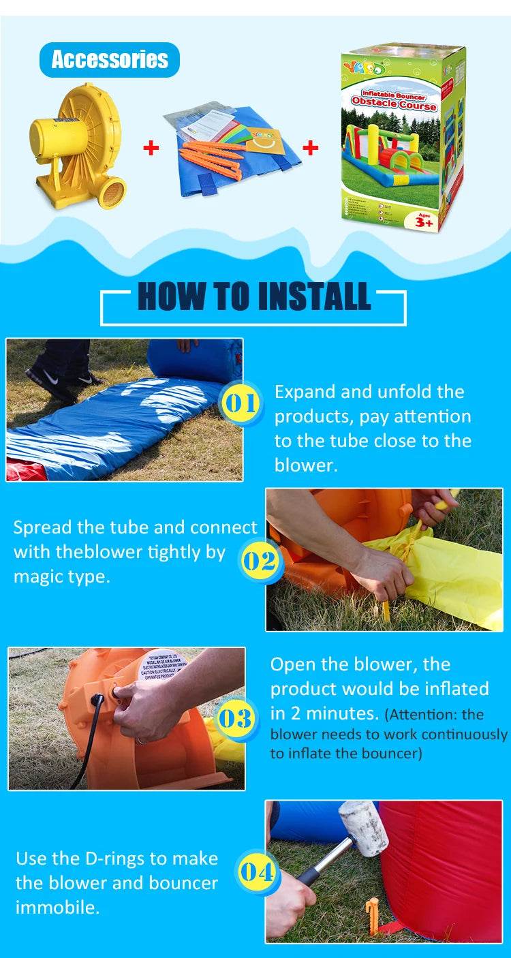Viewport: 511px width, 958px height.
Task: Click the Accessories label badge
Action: point(110,59)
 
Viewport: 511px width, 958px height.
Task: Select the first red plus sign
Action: point(151,147)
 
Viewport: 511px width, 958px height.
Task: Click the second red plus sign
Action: point(311,147)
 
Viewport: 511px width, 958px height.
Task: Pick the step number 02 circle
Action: point(259,561)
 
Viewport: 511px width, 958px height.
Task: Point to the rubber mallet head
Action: point(364,826)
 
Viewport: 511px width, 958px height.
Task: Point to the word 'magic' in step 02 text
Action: point(38,576)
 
